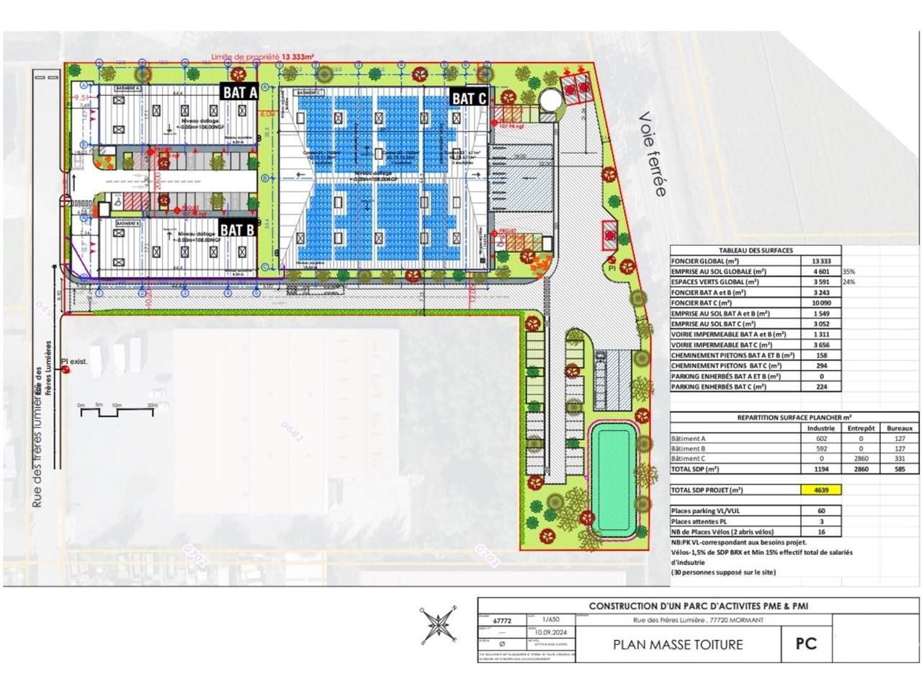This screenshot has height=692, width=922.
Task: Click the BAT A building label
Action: pos(240,92)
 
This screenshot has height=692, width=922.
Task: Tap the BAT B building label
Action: pos(238,230)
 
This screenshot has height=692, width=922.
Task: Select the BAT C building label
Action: pos(470,98)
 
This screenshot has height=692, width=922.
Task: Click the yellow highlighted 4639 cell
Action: pos(821,490)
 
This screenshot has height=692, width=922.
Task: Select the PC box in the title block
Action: pos(805,643)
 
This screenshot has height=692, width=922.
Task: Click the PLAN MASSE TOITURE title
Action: pos(677,644)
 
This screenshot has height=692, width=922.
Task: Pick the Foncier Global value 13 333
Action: pos(821,261)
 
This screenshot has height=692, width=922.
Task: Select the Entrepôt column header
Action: pos(861,428)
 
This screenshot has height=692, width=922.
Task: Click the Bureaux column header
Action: pos(900,428)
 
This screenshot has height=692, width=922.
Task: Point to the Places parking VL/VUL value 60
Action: pos(821,511)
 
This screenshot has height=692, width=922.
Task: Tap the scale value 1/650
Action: pos(551,619)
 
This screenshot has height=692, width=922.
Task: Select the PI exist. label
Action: pos(74,361)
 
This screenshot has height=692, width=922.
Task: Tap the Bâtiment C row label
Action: pos(688,458)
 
